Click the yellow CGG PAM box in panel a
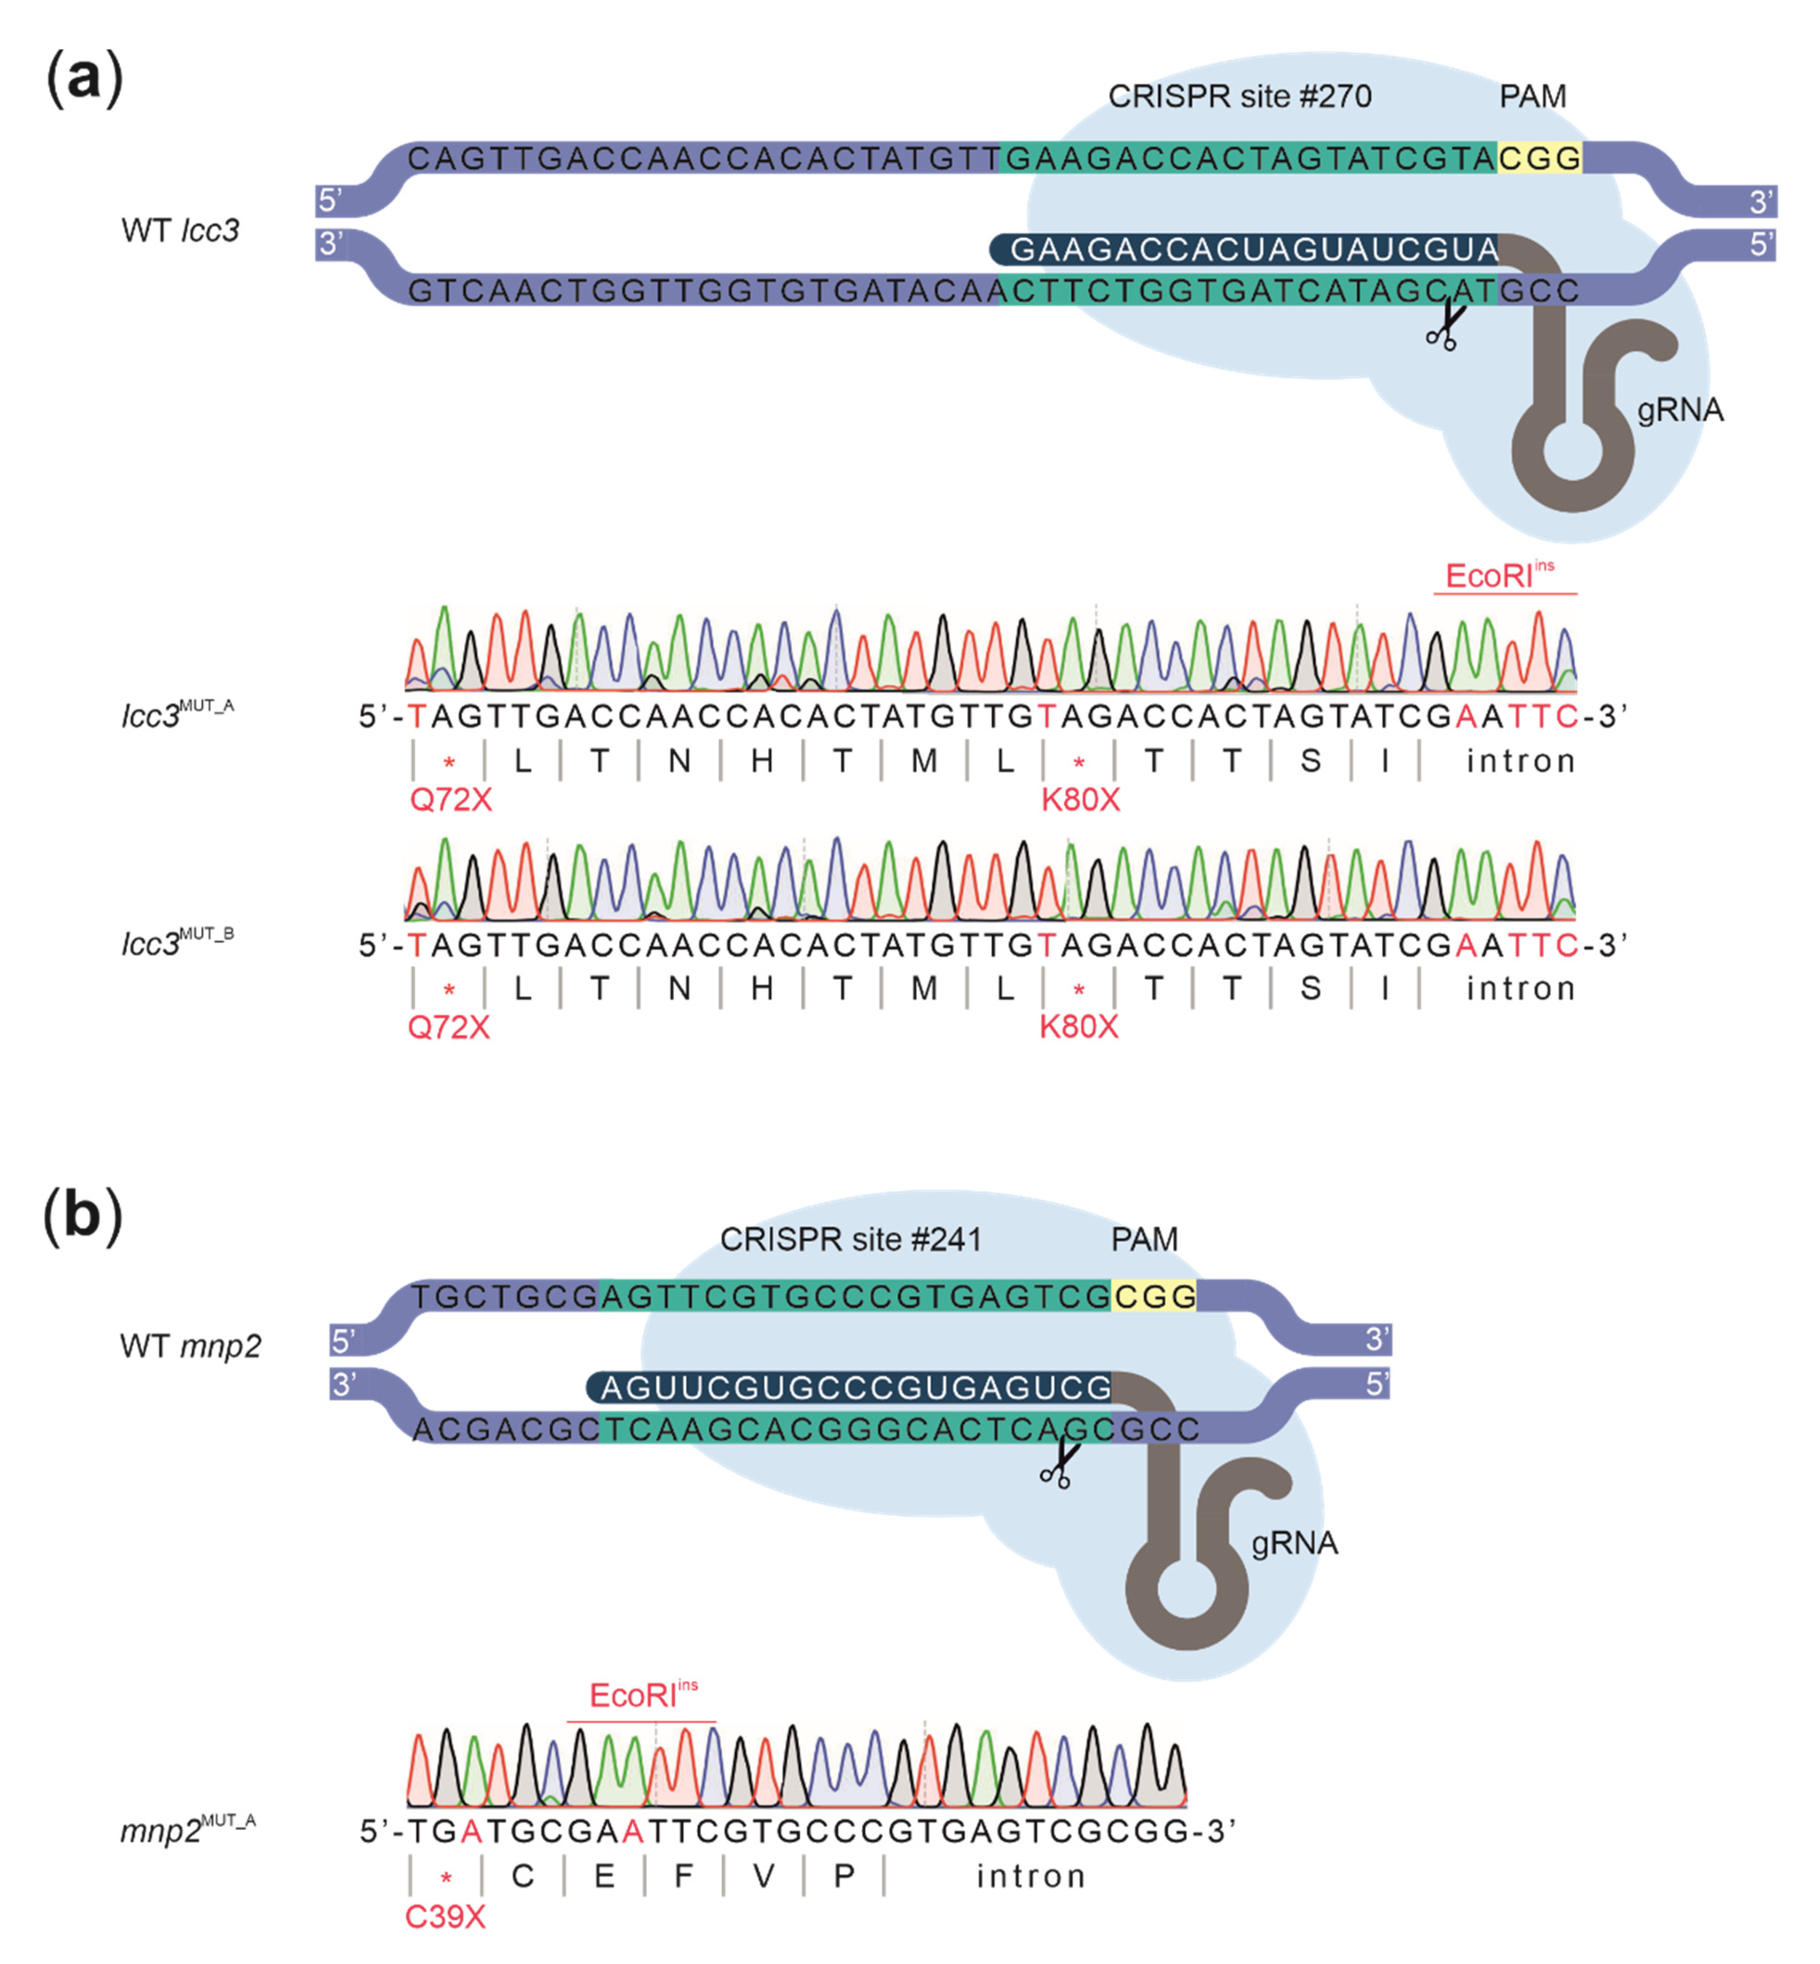click(x=1539, y=157)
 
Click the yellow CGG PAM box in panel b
click(x=1153, y=1296)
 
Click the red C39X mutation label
click(x=445, y=1917)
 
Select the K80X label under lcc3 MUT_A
click(x=1080, y=800)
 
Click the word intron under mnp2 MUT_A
click(x=1030, y=1876)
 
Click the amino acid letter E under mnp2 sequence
click(x=604, y=1876)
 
